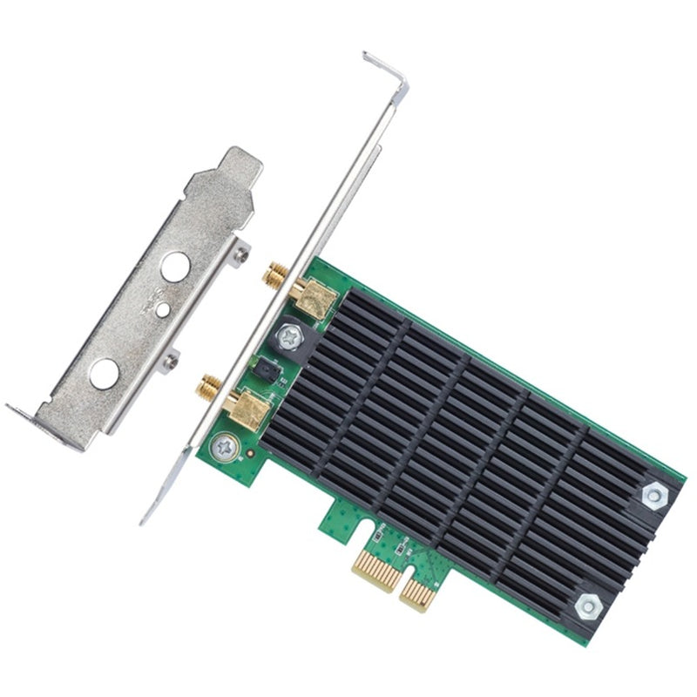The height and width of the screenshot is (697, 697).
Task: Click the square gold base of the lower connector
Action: (245, 408)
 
